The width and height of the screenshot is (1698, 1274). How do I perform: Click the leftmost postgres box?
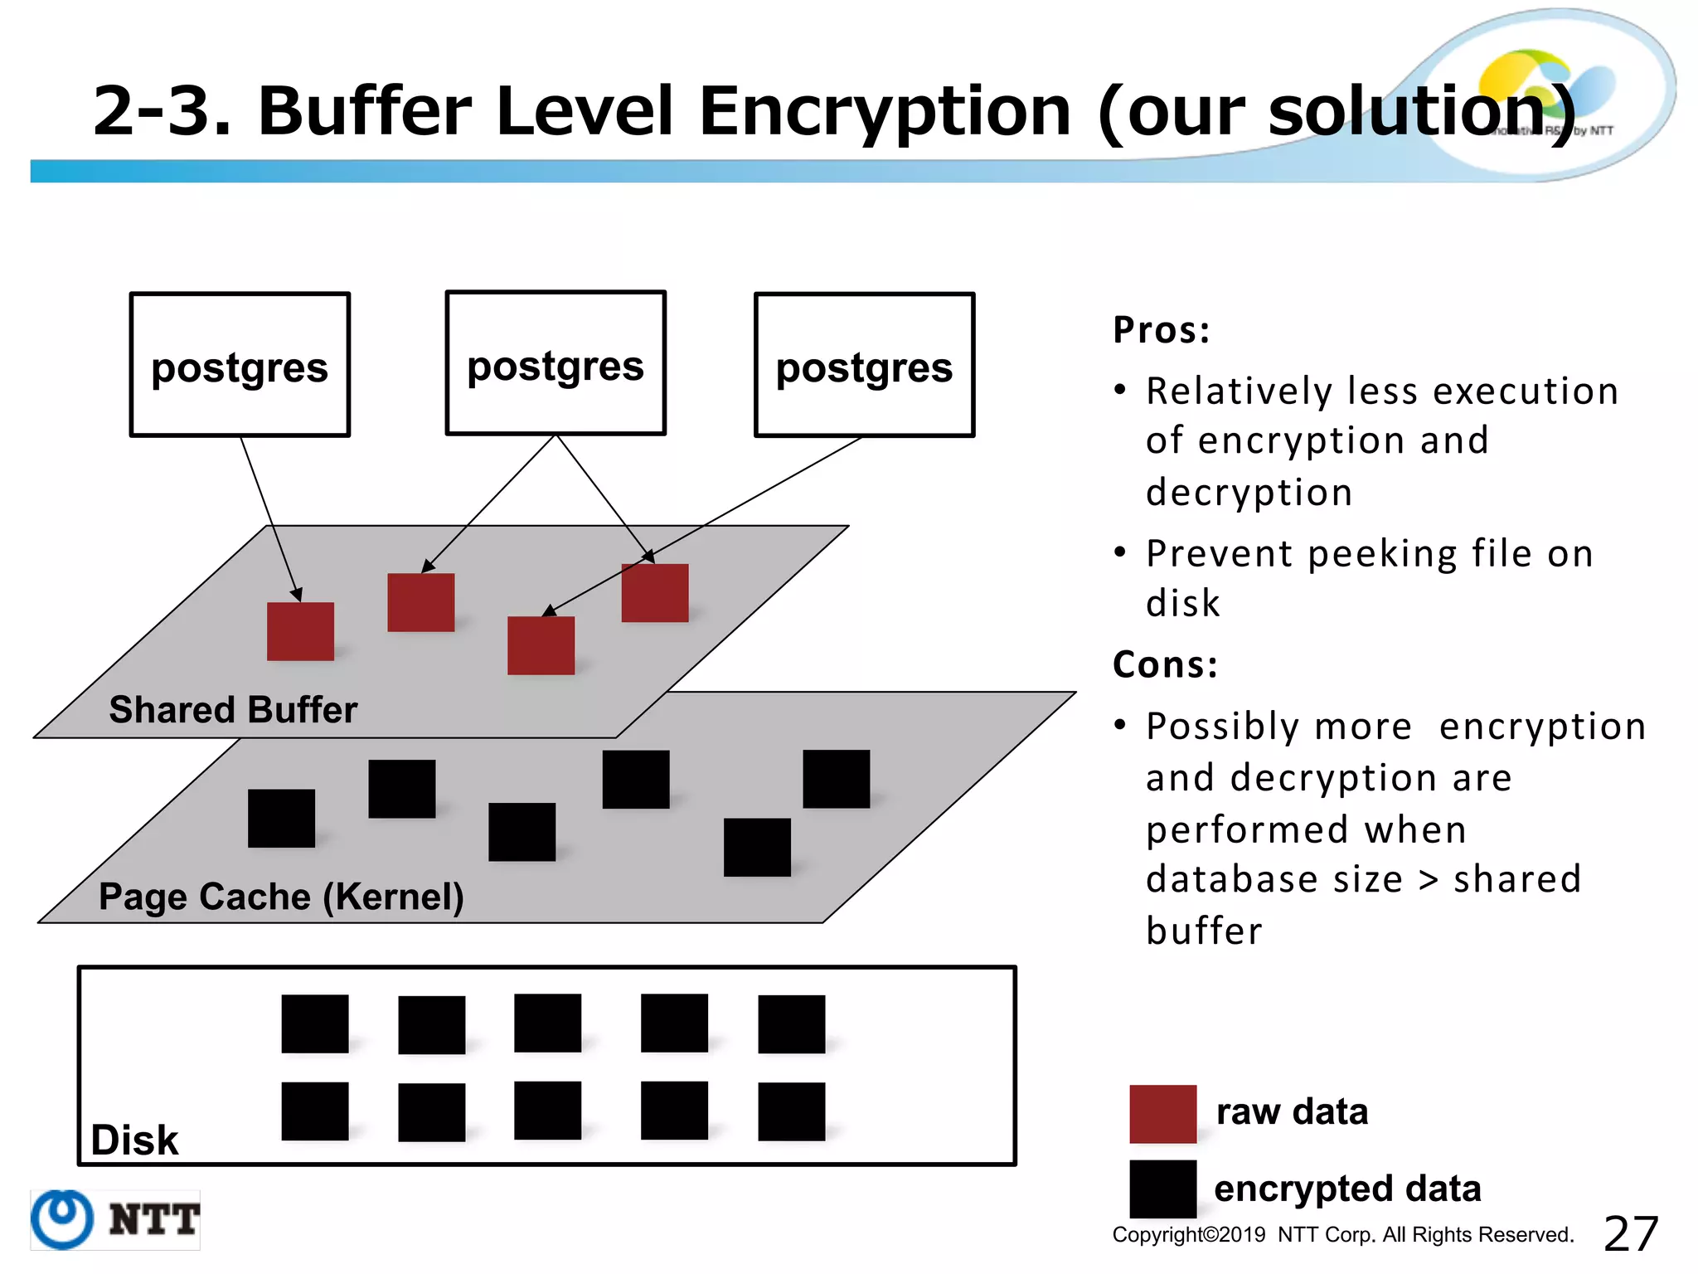pos(240,365)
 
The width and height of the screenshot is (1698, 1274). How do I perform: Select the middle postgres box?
pos(555,363)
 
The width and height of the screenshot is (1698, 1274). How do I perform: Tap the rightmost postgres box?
pos(864,365)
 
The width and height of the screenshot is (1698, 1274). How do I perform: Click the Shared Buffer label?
pos(233,710)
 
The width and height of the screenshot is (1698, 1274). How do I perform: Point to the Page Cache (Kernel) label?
pos(281,897)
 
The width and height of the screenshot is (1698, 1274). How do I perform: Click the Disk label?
pos(134,1140)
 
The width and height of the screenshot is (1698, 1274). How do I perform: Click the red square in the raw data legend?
pos(1162,1114)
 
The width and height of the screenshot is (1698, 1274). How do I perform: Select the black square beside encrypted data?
pos(1162,1189)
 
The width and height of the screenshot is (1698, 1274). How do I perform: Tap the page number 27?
pos(1630,1234)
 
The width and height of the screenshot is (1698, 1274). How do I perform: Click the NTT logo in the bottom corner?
pos(115,1219)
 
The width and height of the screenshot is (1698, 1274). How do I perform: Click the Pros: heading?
pos(1162,330)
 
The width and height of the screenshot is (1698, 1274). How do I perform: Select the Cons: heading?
pos(1165,664)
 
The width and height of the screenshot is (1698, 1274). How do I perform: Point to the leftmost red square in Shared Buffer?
pos(300,631)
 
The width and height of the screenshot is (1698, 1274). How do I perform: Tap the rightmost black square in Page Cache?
pos(836,779)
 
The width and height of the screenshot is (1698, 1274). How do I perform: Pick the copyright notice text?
pos(1342,1235)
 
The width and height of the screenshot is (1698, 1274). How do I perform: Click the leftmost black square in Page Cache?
pos(281,818)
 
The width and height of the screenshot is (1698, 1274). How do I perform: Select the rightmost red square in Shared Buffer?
pos(655,593)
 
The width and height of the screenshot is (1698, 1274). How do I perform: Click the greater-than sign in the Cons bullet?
pos(1428,880)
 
